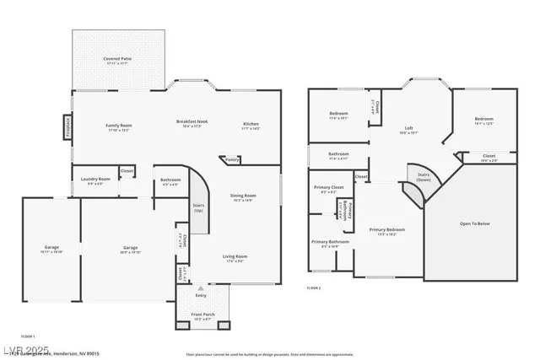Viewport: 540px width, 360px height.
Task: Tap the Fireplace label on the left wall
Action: (67, 127)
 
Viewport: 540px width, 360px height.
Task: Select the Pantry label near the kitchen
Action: (232, 159)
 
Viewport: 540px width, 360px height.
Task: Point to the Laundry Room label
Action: (95, 179)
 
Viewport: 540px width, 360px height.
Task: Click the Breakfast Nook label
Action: (192, 122)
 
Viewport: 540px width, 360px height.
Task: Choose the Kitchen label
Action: (251, 124)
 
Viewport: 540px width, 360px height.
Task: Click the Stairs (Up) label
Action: (199, 207)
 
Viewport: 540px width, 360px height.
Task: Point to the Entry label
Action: (200, 295)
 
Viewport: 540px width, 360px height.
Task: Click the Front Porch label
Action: (202, 317)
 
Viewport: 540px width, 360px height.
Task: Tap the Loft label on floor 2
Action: (408, 128)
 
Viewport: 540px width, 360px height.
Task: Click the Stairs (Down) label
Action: (424, 177)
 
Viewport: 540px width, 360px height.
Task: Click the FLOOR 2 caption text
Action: (315, 287)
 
